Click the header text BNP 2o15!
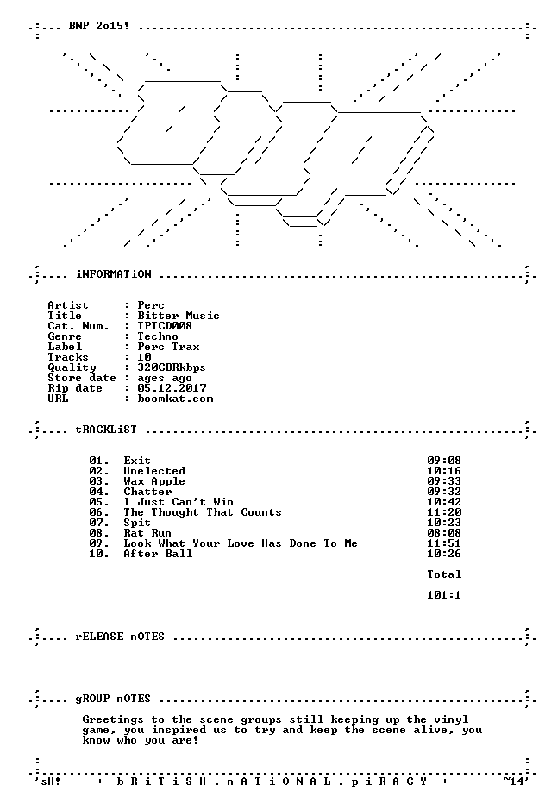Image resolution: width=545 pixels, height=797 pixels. tap(98, 25)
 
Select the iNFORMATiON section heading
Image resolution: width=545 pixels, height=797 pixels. tap(113, 274)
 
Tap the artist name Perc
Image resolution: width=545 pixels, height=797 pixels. tap(151, 305)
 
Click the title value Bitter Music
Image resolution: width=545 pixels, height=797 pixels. tap(179, 316)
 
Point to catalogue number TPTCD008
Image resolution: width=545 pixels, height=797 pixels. tap(165, 326)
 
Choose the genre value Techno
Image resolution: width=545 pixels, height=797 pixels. tap(158, 336)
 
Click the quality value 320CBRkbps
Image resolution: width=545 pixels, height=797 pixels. tap(172, 367)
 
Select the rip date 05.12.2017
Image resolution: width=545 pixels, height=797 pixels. tap(172, 388)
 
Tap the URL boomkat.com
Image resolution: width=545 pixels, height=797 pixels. tap(175, 398)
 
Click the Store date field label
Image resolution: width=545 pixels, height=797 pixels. tap(82, 378)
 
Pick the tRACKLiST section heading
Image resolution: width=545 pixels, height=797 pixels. tap(106, 429)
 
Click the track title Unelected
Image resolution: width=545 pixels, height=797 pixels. tap(154, 471)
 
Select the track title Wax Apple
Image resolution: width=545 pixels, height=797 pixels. tap(154, 481)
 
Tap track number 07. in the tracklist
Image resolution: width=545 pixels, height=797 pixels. tap(99, 523)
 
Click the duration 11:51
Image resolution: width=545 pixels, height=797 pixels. tap(444, 543)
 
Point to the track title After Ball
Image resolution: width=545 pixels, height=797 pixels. tap(158, 554)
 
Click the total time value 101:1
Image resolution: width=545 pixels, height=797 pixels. tap(444, 594)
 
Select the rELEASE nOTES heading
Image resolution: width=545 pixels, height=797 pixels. tap(120, 637)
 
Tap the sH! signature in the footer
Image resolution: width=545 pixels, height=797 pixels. tap(50, 781)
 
